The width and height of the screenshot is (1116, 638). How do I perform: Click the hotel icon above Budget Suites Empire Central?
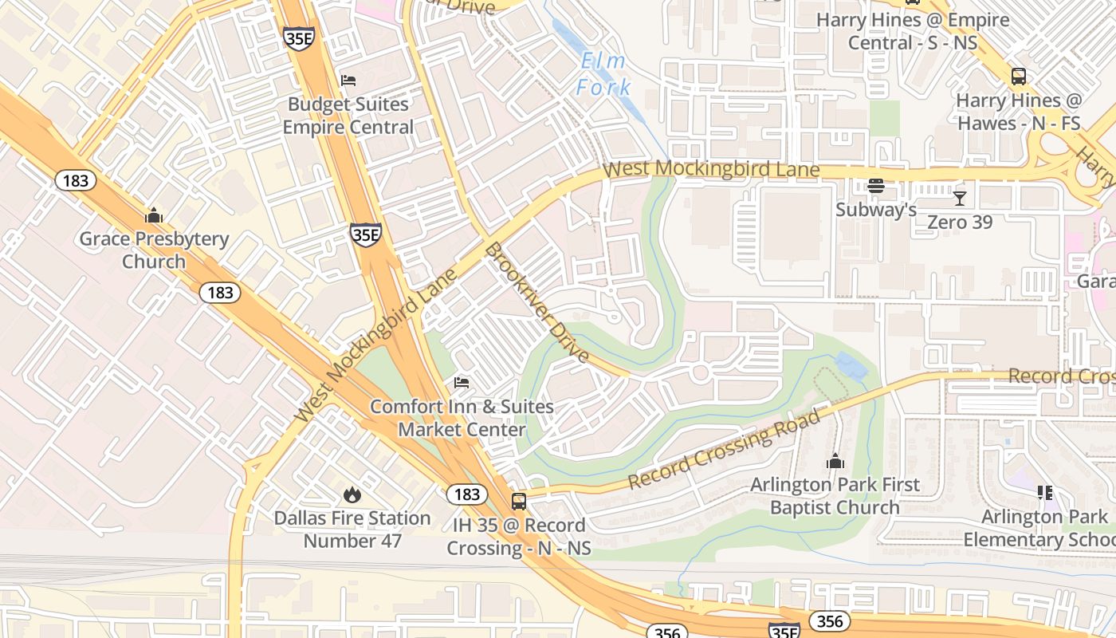[x=348, y=81]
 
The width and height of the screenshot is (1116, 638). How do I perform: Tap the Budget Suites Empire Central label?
[x=348, y=116]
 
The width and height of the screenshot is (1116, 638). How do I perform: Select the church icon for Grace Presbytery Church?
[x=154, y=215]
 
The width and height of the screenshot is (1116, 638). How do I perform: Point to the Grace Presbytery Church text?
[x=154, y=250]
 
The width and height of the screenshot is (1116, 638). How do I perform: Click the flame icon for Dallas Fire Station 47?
[x=352, y=495]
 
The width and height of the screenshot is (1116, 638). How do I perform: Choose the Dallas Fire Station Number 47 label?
[x=352, y=529]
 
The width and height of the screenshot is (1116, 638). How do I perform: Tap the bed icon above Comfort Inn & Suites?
[x=462, y=383]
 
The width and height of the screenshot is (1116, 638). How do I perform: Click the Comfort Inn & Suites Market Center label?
[x=462, y=418]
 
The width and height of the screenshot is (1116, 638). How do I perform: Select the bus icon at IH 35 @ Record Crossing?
[x=519, y=502]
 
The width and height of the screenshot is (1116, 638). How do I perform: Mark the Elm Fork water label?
[x=603, y=74]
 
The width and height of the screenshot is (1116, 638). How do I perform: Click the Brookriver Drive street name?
[x=536, y=302]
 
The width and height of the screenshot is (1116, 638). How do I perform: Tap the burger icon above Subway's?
[x=876, y=187]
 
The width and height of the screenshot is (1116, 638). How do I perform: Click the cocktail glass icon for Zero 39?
[x=960, y=198]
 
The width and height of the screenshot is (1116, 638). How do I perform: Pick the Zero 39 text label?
[x=960, y=222]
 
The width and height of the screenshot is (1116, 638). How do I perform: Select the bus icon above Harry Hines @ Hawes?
[x=1019, y=77]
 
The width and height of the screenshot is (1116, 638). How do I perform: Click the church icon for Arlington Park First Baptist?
[x=835, y=461]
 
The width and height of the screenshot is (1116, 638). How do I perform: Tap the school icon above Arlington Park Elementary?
[x=1044, y=493]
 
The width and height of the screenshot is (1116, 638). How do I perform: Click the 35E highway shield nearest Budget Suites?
[x=299, y=38]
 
